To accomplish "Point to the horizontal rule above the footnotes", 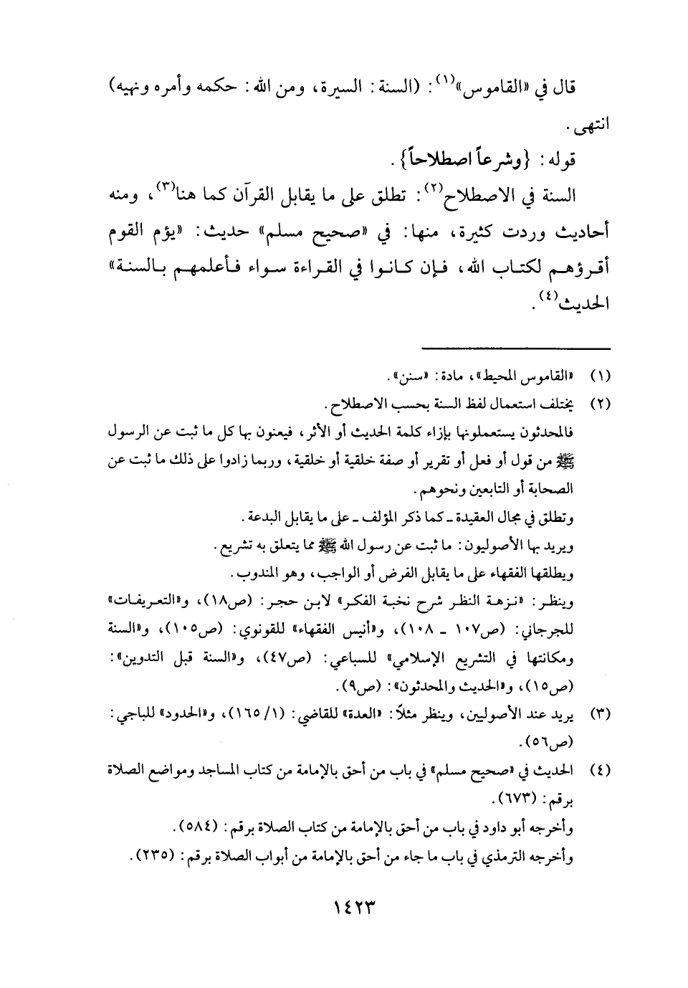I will pos(517,349).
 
